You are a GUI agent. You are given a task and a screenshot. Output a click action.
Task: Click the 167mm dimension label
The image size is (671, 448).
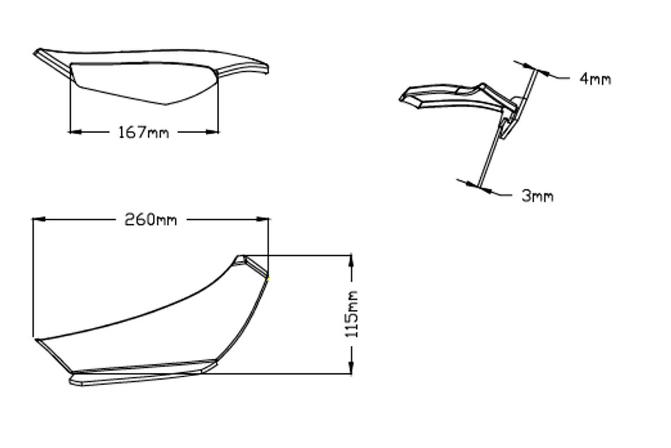coord(143,132)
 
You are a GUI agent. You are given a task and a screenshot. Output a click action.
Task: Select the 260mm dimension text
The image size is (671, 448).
coord(150,220)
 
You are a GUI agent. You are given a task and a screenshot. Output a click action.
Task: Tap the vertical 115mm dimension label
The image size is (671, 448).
coord(352,314)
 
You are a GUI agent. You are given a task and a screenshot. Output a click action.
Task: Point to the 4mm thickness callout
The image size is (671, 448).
coord(595,79)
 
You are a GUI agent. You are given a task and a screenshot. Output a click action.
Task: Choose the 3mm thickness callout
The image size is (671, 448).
coord(537,196)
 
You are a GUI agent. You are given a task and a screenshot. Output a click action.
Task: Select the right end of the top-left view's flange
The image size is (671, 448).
coord(266,69)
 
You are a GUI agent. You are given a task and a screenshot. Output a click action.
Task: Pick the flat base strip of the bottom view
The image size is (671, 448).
coord(140,376)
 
